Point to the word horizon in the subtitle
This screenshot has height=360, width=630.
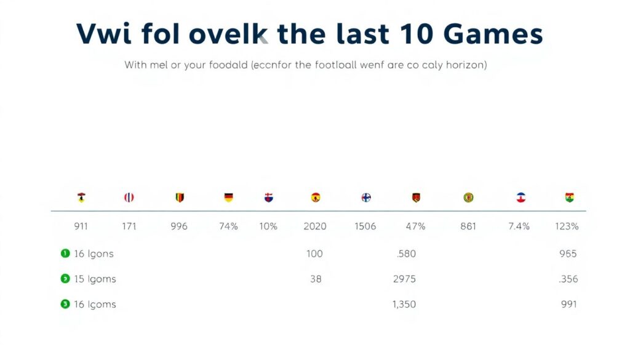point(466,65)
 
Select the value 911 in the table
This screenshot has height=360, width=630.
point(81,226)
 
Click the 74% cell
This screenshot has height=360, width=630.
point(228,226)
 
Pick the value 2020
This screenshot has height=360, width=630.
point(315,226)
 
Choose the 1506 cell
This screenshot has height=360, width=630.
point(365,226)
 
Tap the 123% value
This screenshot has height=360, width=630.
point(567,226)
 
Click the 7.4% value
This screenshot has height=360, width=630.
point(519,226)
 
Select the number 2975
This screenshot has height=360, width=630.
point(404,279)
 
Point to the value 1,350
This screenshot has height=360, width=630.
point(404,304)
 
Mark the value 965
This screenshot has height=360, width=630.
point(568,254)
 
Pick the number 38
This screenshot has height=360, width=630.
point(316,279)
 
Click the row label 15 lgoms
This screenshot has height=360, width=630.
point(95,279)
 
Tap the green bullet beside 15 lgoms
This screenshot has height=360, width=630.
point(65,279)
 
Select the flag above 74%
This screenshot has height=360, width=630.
point(228,198)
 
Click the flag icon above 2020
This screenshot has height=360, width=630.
point(316,198)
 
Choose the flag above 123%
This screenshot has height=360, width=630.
point(570,198)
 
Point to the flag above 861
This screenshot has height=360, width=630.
point(468,198)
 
